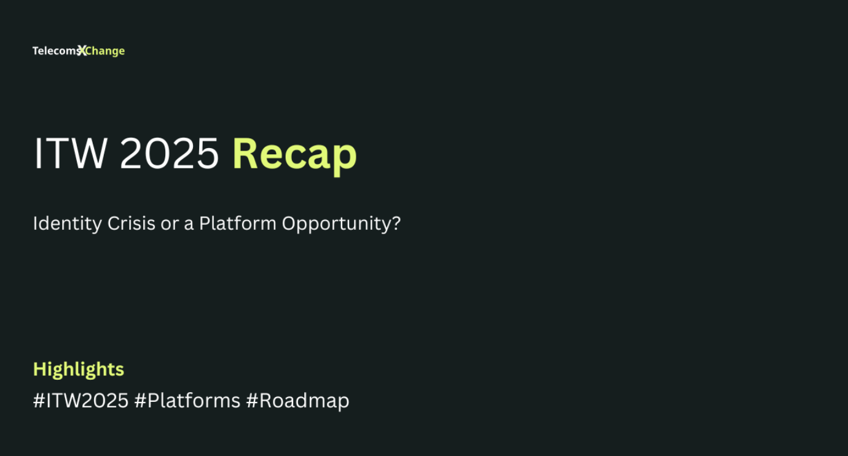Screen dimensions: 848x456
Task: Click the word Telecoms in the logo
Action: coord(56,51)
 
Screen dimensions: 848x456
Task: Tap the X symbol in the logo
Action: coord(82,50)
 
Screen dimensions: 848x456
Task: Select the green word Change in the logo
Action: coord(106,51)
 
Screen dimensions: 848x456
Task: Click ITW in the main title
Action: coord(70,154)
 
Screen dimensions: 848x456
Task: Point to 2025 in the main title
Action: coord(169,154)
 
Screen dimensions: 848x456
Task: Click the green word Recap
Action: coord(294,155)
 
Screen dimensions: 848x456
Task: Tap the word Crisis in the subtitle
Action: coord(132,223)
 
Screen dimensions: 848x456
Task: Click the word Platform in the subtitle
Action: coord(238,223)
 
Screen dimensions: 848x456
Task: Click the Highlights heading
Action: coord(79,369)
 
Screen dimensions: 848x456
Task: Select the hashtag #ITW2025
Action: coord(80,400)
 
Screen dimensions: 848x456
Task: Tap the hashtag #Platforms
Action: coord(187,400)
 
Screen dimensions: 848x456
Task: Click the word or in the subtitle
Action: coord(170,224)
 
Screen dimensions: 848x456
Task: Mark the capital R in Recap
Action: coord(245,154)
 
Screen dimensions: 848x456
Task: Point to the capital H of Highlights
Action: coord(40,369)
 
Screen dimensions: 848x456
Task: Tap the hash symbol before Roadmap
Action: coord(252,401)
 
